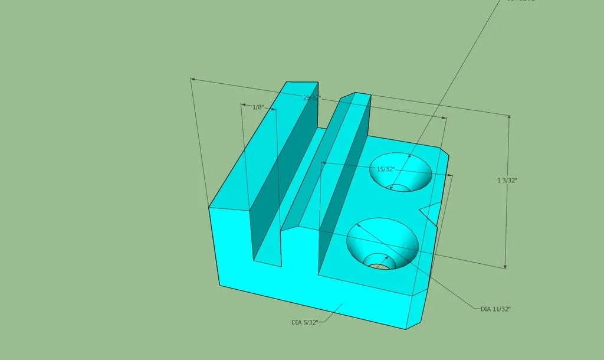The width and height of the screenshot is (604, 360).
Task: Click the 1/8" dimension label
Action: pos(258,107)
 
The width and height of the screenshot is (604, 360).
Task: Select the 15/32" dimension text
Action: pos(385,169)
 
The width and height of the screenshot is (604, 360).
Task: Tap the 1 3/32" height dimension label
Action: pos(507,181)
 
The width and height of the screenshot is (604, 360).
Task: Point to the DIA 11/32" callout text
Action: pos(495,309)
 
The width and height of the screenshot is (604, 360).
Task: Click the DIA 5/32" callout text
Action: pos(305,322)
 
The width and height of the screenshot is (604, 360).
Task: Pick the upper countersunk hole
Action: pos(401,173)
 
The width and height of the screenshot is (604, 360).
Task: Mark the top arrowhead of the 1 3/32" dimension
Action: pos(509,117)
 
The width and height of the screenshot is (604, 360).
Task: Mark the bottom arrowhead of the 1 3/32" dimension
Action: pos(505,266)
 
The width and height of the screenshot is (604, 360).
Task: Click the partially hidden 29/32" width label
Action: pos(311,98)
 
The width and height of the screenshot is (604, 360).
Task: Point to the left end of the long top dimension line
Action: pos(191,78)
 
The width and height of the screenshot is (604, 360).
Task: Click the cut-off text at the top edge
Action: pos(519,1)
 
